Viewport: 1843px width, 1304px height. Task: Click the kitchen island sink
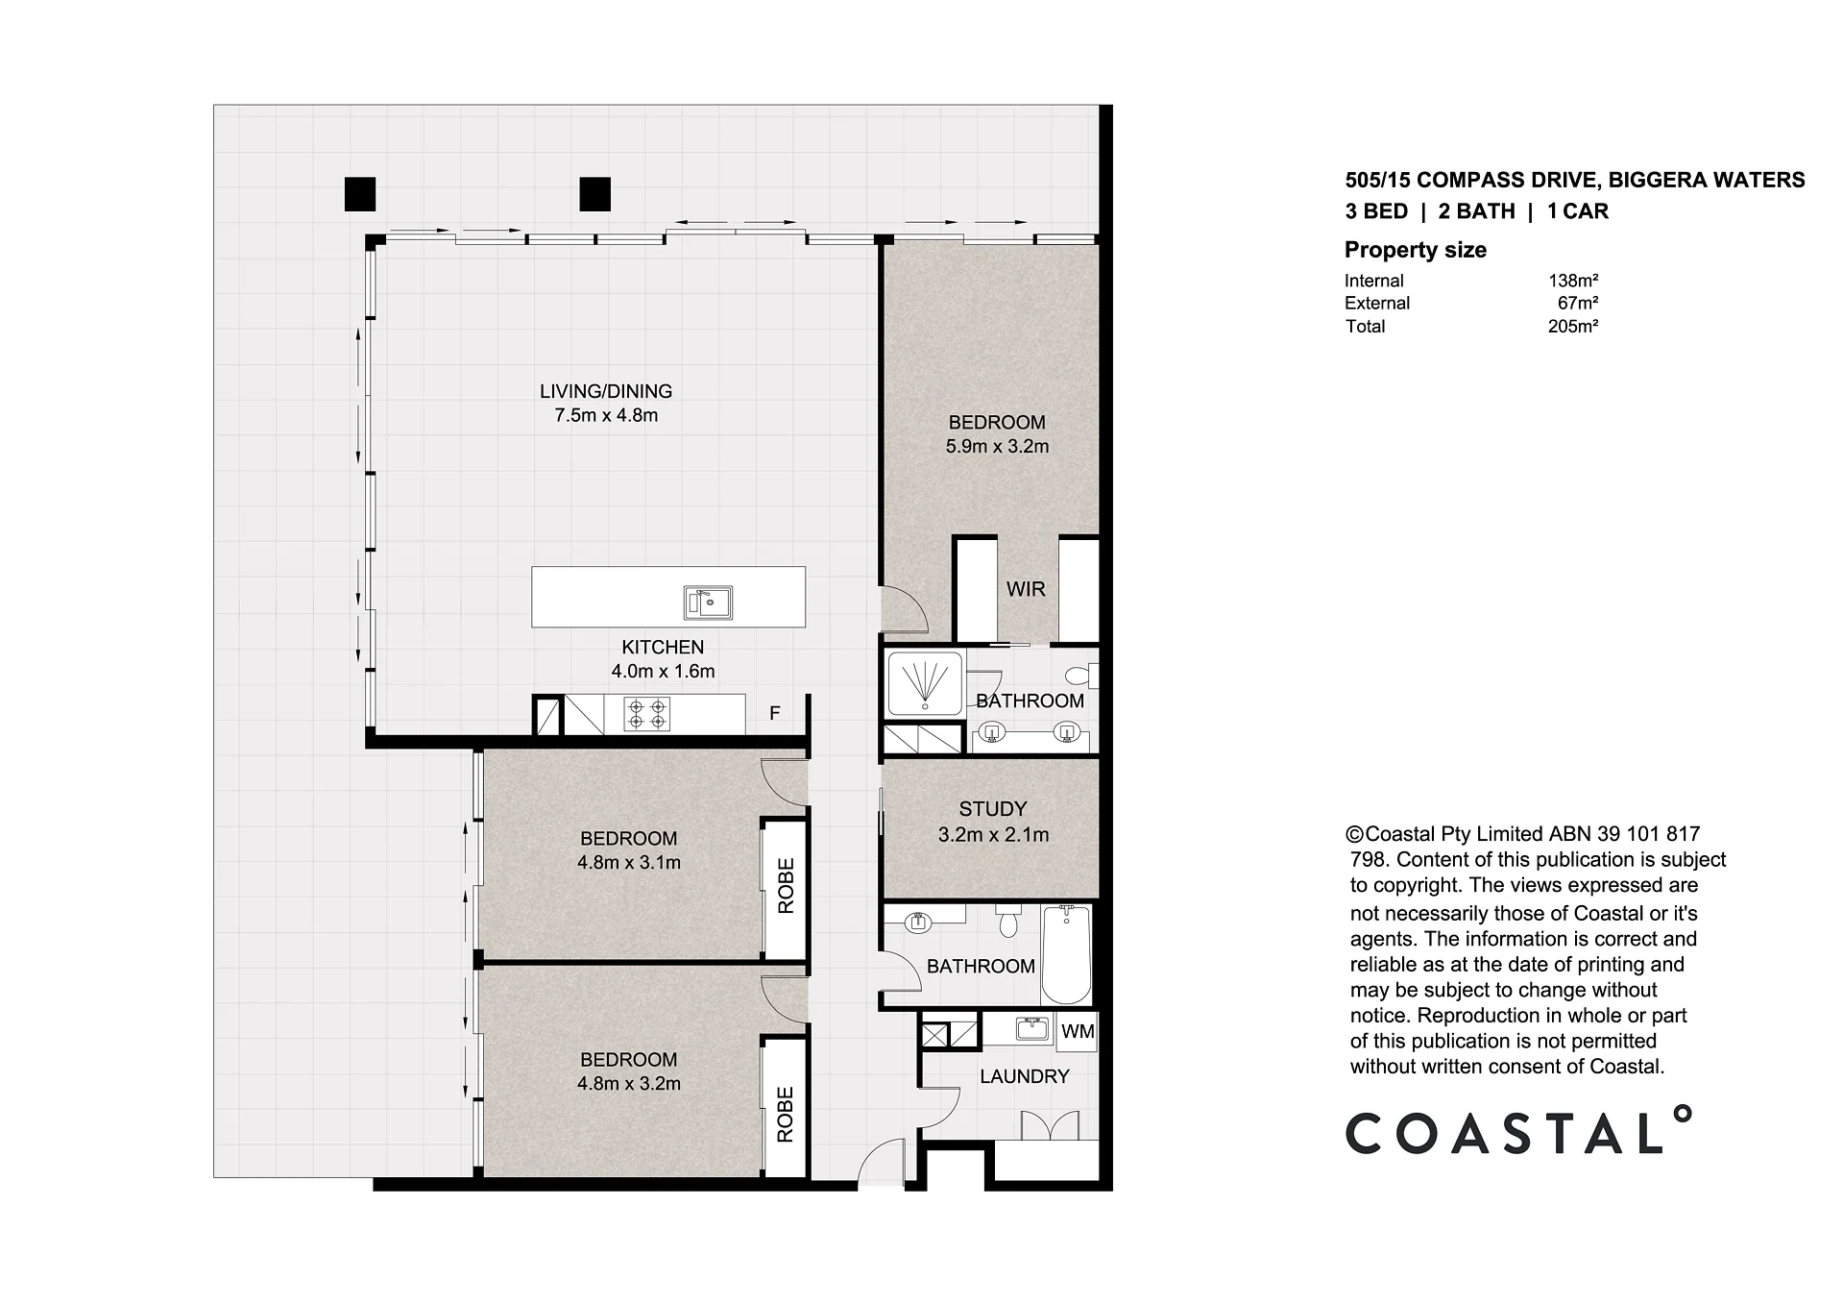(x=708, y=602)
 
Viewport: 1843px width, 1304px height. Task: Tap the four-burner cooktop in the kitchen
(x=646, y=714)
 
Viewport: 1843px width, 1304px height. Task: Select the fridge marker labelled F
(x=774, y=713)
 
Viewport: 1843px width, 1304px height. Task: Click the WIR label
(x=1026, y=589)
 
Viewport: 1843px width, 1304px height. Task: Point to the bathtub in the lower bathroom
(x=1066, y=954)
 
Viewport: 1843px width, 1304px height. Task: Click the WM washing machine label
(x=1078, y=1031)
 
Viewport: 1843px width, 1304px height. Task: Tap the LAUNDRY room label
(x=1024, y=1076)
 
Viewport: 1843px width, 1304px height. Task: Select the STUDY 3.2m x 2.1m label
(x=993, y=822)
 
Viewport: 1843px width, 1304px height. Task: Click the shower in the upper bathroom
(x=925, y=683)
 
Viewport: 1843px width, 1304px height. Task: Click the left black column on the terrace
(x=360, y=194)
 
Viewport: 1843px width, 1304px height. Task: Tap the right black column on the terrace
(x=594, y=194)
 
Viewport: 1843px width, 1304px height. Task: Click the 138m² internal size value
(x=1573, y=281)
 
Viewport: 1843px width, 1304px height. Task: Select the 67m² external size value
(x=1577, y=303)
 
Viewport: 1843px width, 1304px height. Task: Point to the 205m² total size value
(x=1573, y=326)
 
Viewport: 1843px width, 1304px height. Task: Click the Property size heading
(x=1416, y=250)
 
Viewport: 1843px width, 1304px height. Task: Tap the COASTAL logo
(x=1518, y=1131)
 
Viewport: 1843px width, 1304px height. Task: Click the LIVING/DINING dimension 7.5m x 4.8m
(x=606, y=415)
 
